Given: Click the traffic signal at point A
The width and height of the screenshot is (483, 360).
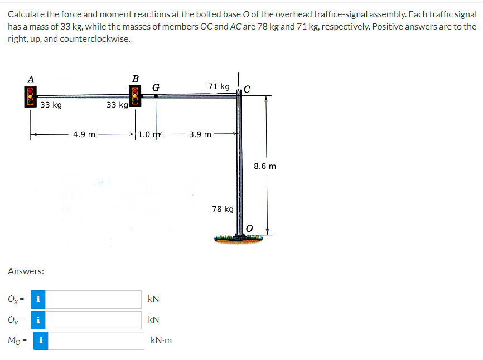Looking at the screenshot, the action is pos(31,96).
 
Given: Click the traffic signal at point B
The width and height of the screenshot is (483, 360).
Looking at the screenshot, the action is pos(135,96).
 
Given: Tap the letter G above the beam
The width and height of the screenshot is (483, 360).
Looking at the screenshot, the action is pos(156,87).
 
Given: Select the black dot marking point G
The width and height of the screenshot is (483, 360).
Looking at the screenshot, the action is pos(156,96).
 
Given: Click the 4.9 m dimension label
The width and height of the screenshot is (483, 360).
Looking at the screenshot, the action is pos(84,134).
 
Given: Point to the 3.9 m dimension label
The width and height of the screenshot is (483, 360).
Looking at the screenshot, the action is pos(200,134).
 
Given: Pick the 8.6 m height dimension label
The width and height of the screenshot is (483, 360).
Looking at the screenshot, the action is pos(265,166).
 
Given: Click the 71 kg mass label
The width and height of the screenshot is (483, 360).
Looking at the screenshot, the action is pos(219,86).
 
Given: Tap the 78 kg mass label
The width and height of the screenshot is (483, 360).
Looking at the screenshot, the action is pos(223,209).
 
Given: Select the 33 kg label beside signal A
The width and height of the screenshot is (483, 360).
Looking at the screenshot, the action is pos(51,105).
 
